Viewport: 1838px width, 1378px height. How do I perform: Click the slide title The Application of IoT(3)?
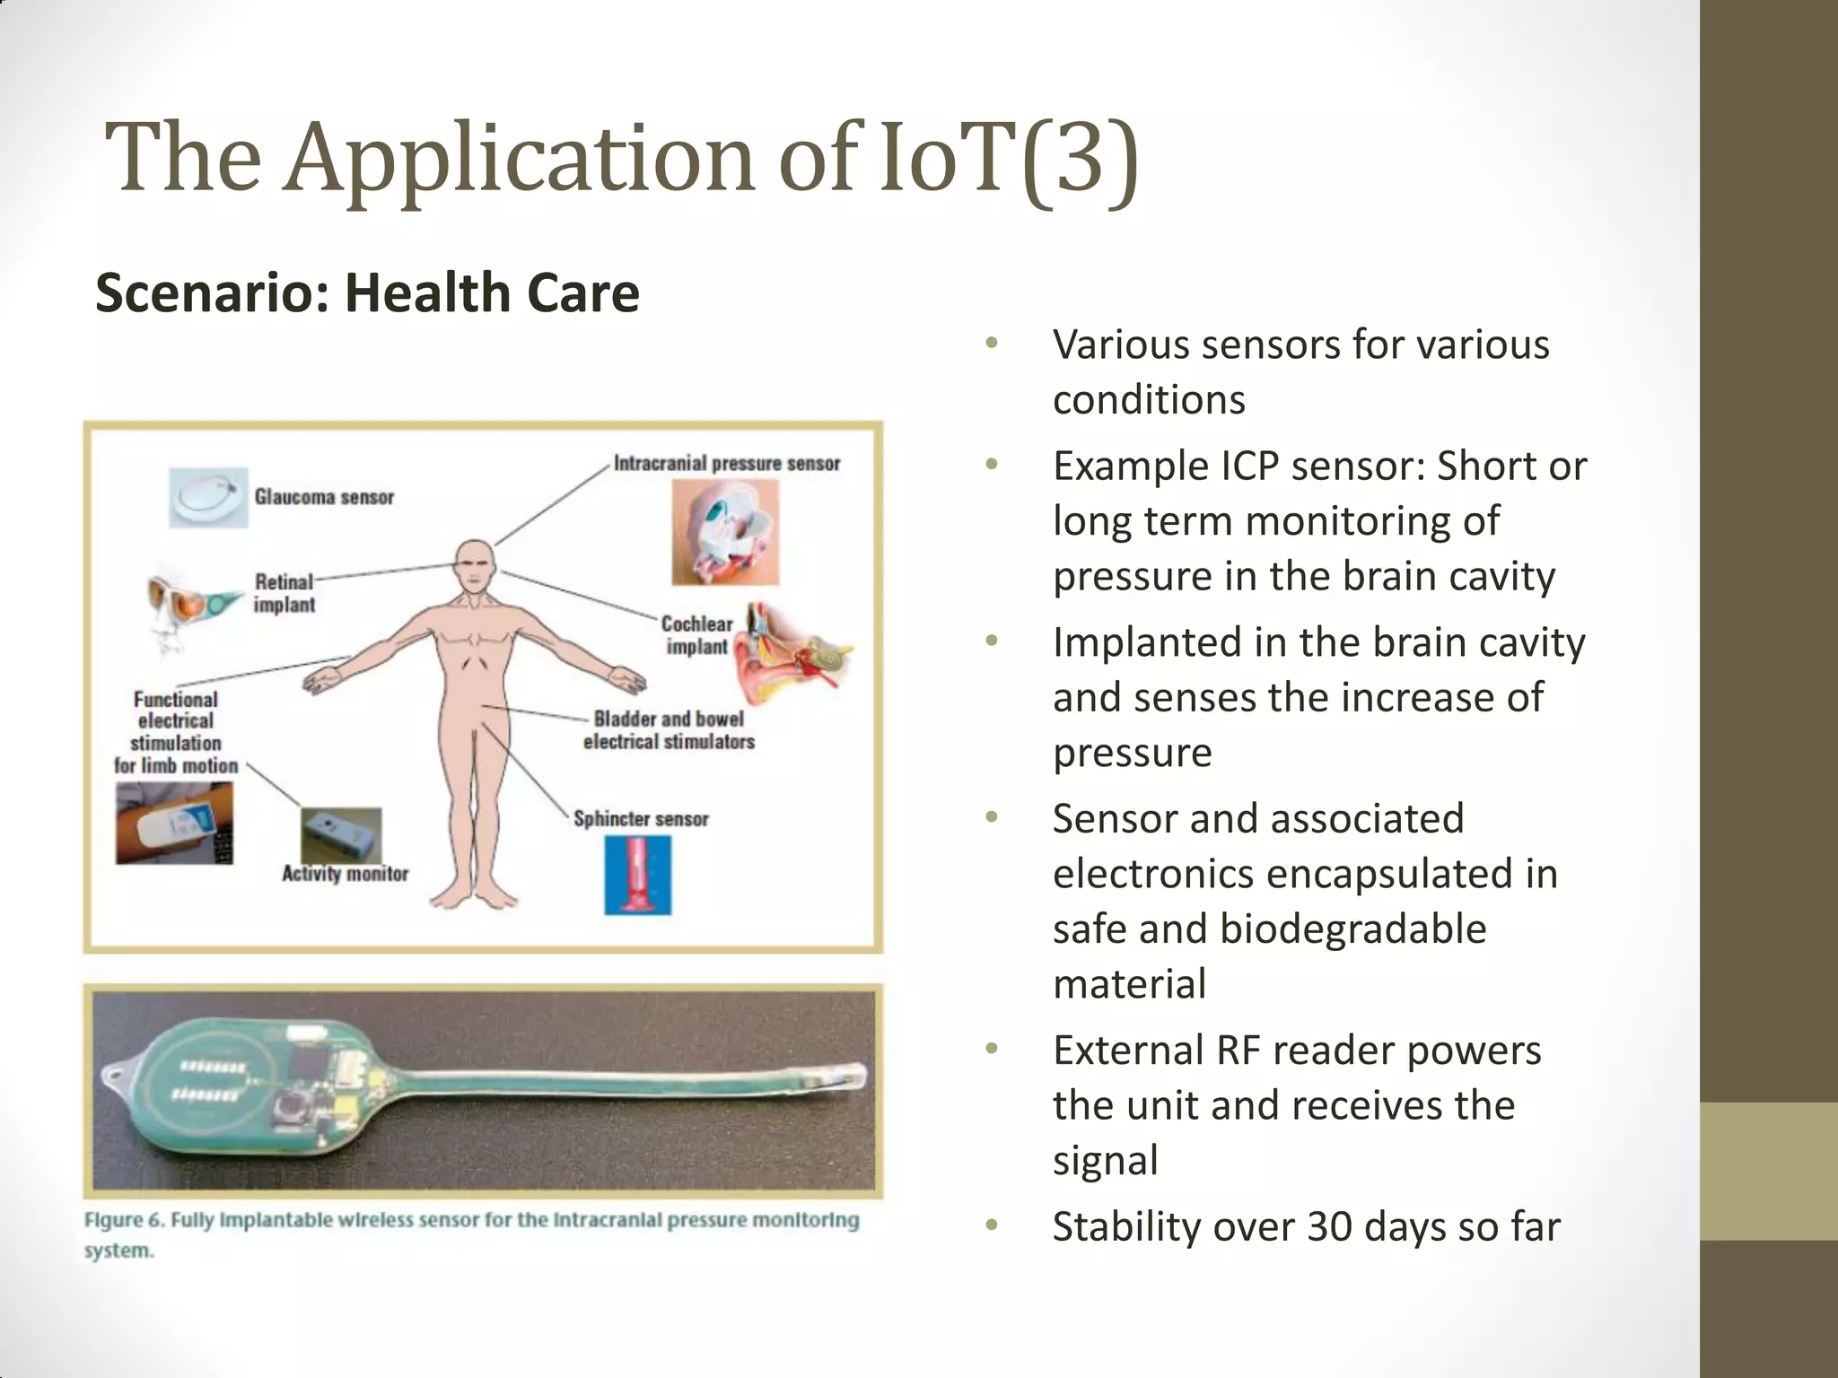621,160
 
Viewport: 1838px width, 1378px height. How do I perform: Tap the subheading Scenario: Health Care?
367,293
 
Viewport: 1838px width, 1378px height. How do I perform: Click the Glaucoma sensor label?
324,497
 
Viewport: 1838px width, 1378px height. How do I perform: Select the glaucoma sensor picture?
208,497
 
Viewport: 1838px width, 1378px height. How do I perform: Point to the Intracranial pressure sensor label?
727,464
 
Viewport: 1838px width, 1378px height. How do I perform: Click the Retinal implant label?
284,593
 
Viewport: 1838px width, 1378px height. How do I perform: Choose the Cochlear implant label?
696,635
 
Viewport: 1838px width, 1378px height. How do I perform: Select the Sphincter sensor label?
641,819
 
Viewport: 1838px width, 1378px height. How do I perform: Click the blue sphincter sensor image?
637,875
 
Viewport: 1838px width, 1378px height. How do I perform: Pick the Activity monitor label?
345,874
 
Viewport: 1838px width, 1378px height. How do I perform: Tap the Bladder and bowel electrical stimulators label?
669,730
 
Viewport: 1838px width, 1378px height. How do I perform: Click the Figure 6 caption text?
471,1234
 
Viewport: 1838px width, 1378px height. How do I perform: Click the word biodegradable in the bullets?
1352,929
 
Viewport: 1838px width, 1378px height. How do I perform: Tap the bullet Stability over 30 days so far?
1306,1226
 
